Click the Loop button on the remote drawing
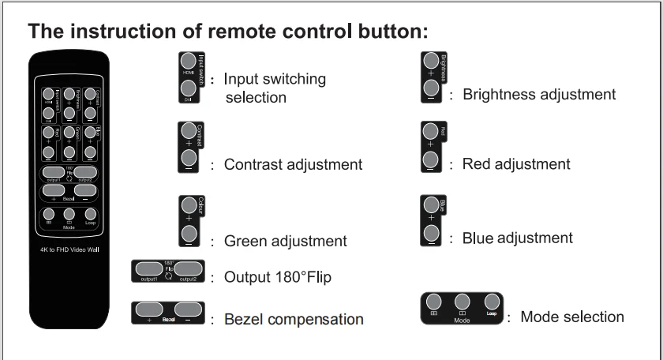(x=90, y=213)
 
